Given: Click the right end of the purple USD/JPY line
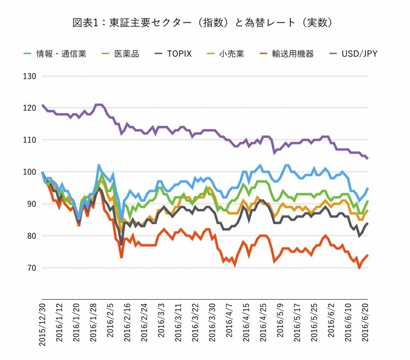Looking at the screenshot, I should pyautogui.click(x=368, y=159).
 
